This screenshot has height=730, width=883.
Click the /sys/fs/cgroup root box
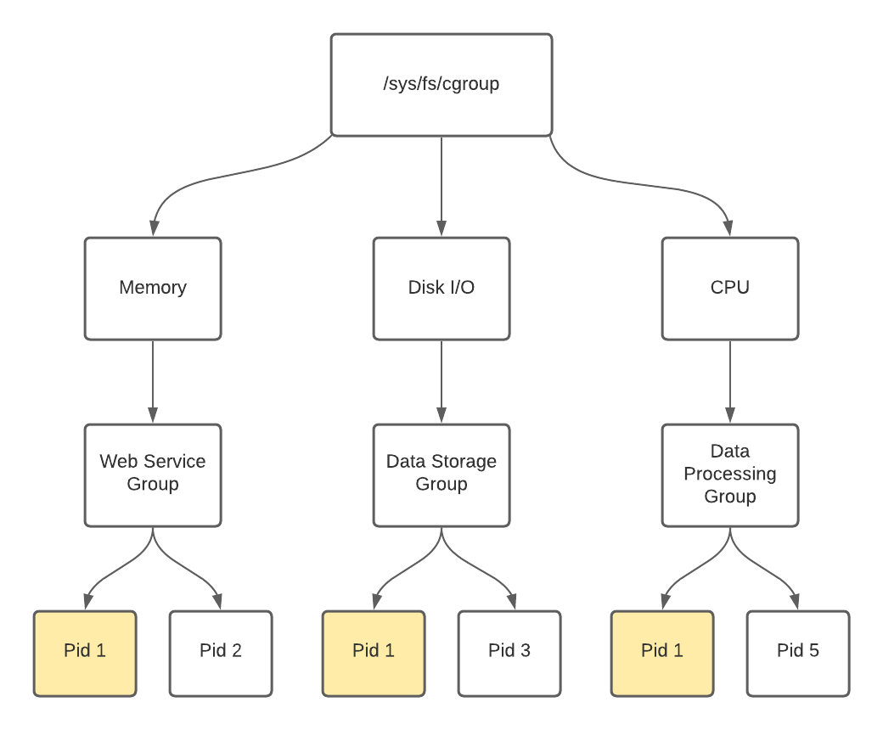click(441, 84)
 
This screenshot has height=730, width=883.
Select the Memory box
click(153, 288)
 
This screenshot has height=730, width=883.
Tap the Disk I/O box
click(441, 288)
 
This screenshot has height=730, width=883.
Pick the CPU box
click(730, 288)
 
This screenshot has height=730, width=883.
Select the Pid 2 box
click(221, 652)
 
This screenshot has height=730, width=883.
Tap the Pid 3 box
click(509, 652)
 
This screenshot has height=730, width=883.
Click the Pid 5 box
click(798, 652)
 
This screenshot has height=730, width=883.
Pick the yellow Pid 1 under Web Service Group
click(85, 652)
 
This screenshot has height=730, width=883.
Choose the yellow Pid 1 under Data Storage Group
click(374, 652)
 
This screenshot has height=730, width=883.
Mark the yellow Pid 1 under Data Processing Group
click(662, 652)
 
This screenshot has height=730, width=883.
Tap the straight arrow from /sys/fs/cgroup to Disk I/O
click(441, 182)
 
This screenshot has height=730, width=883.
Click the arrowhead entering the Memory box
click(154, 227)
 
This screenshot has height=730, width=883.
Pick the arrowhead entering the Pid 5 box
click(797, 602)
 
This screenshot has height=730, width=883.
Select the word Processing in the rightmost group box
click(730, 474)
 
